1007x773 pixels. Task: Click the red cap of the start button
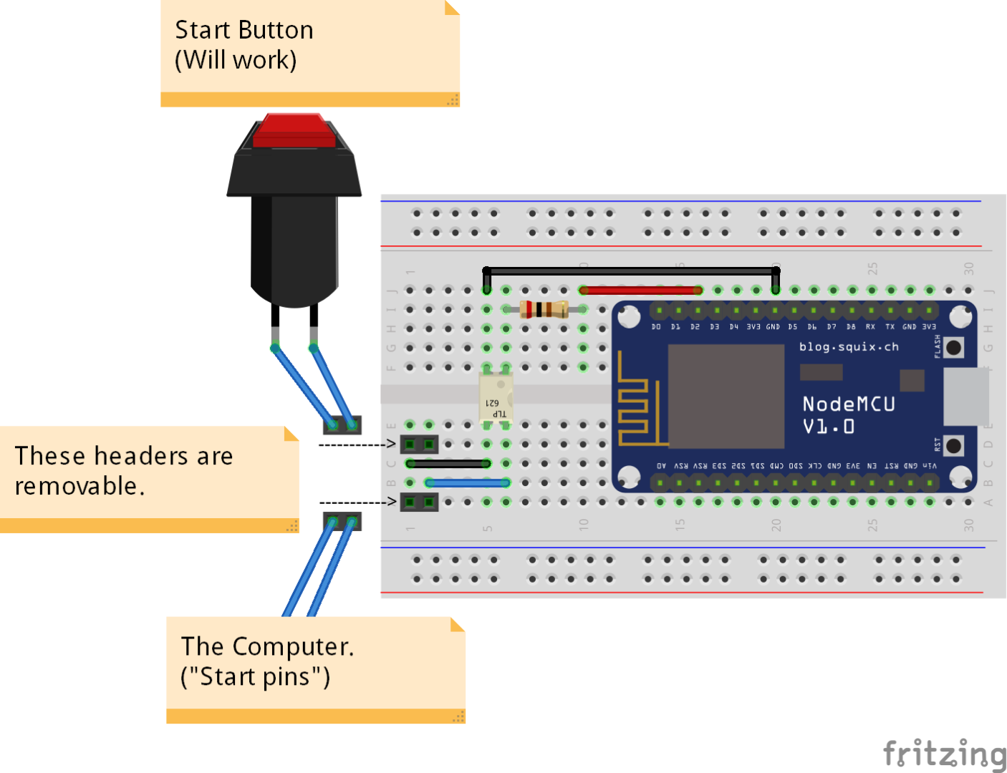[294, 131]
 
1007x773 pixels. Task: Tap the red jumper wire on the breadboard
[640, 290]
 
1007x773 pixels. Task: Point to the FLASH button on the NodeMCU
[953, 348]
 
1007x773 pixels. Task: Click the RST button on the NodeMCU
[953, 446]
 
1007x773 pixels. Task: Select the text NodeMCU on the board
[849, 404]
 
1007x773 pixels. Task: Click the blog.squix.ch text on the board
[849, 347]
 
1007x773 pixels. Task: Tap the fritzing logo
[944, 754]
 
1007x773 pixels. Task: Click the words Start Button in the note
[244, 30]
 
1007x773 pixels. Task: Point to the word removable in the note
[79, 486]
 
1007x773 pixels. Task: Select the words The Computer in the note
[267, 646]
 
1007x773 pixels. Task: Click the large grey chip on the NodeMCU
[726, 406]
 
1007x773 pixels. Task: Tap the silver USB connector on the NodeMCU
[966, 396]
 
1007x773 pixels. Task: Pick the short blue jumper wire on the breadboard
[468, 483]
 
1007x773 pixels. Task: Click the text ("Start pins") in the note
[256, 676]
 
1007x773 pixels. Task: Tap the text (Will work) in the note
[236, 60]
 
